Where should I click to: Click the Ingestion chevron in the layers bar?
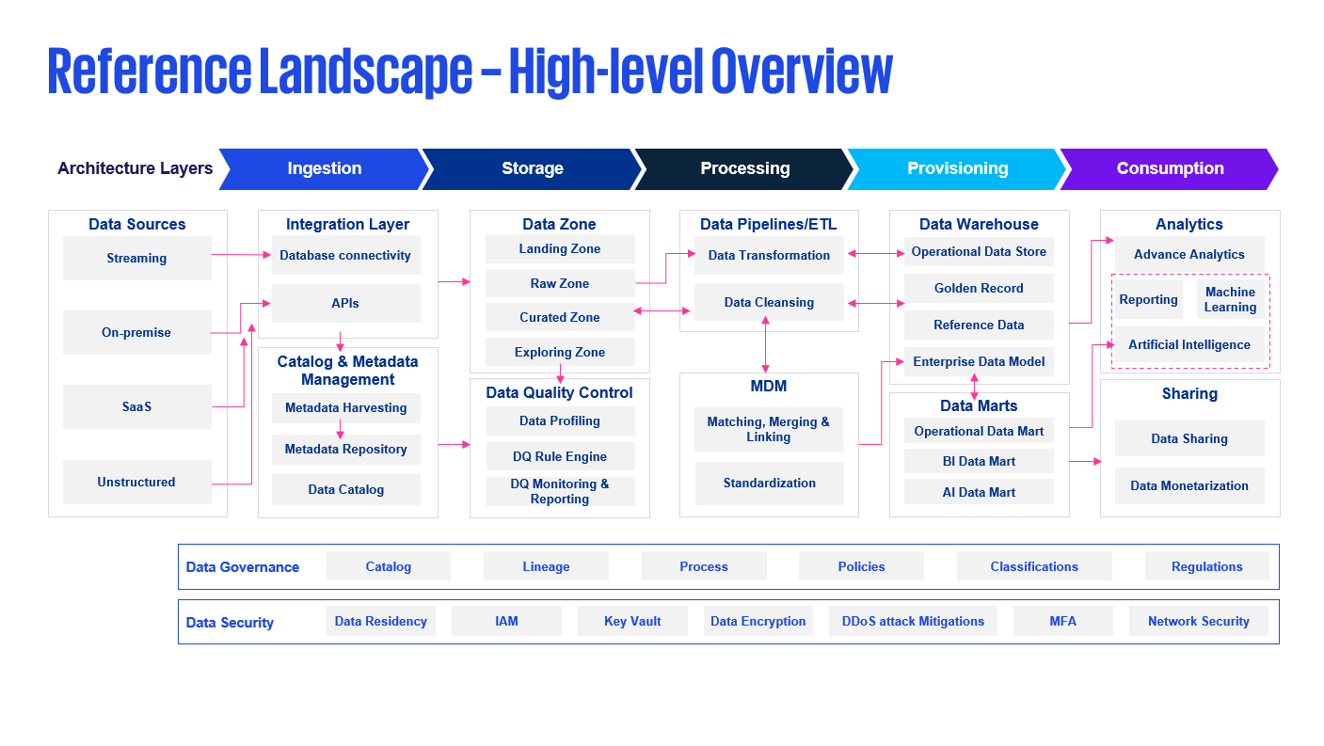(324, 169)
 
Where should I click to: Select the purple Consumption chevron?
(1170, 169)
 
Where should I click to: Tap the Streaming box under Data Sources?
(137, 259)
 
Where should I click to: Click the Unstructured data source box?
(137, 482)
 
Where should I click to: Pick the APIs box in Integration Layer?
(345, 303)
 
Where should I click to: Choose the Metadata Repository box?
(345, 450)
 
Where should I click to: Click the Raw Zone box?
(560, 283)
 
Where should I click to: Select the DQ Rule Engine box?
(560, 456)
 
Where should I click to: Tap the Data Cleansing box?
(769, 302)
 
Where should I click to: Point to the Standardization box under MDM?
(769, 483)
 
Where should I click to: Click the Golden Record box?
(979, 288)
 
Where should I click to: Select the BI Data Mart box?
(979, 461)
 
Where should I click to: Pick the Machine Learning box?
(1230, 300)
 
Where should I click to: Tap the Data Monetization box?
(1189, 486)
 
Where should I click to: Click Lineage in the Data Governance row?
(546, 566)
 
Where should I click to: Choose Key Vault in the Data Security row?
(632, 621)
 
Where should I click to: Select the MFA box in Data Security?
(1062, 621)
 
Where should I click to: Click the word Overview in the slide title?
(802, 71)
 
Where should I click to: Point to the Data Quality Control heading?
(559, 392)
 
